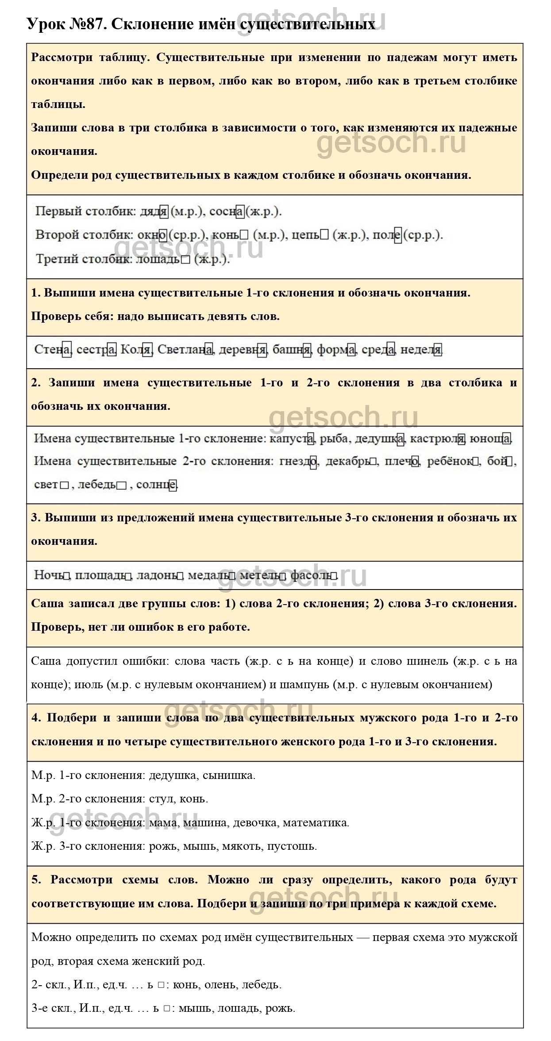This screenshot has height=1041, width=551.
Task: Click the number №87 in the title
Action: [x=86, y=24]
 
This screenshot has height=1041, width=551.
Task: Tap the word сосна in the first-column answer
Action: [x=227, y=212]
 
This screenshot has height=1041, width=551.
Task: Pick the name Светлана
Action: [x=185, y=350]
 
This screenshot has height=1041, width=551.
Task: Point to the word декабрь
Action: [x=347, y=461]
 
